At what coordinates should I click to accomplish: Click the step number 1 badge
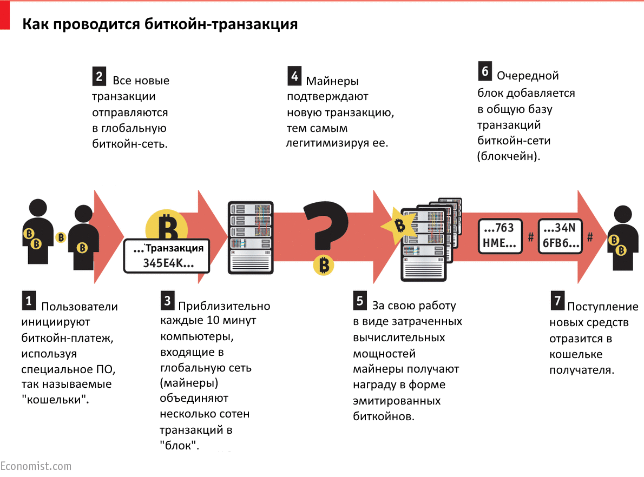(29, 300)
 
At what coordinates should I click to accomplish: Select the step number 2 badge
(99, 76)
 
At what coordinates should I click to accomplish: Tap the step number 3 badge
(168, 300)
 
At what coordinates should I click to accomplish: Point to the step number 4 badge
(294, 77)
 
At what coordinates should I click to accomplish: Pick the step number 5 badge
(360, 300)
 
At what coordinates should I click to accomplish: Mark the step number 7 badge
(557, 301)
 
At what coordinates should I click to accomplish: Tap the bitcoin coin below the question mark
(324, 266)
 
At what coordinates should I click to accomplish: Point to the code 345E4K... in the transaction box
(168, 263)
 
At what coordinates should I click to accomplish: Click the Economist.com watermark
(36, 466)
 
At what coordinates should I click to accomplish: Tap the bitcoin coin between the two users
(61, 237)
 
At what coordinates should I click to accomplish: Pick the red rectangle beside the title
(5, 16)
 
